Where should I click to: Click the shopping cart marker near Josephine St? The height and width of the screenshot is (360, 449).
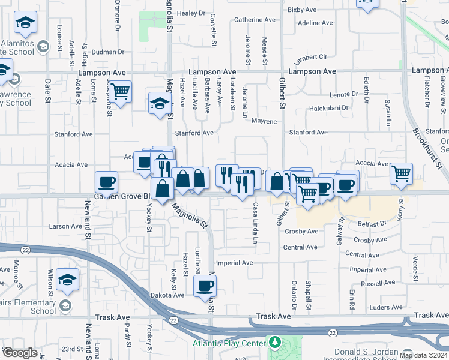pos(121,92)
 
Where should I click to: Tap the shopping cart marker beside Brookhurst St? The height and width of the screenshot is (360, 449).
pos(401,173)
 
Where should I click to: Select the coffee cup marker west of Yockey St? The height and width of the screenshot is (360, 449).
pos(106,182)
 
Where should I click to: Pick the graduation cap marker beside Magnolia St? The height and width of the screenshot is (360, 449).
pos(159,102)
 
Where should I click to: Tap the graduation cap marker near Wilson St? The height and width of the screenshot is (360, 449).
pos(67,280)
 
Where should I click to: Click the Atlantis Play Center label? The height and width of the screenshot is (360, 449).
pos(229,343)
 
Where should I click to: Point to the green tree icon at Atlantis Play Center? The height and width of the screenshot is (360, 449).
pos(275,342)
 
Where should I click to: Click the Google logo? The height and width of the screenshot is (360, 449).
pos(20,353)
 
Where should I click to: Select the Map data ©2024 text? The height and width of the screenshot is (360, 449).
pos(423,355)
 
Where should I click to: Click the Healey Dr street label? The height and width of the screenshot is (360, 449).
pos(191,13)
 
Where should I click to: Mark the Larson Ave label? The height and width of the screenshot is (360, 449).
pos(65,226)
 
